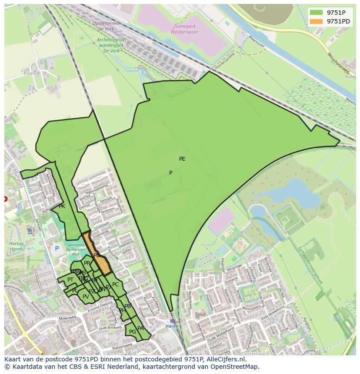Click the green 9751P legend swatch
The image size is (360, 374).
point(316,12)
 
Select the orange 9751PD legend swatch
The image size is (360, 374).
point(316,21)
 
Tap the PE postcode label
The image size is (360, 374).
point(182,159)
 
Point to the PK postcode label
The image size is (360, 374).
point(62,206)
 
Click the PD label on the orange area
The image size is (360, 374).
point(97,255)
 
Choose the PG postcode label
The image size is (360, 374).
point(133,332)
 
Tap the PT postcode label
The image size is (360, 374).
point(70,280)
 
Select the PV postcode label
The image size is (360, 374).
point(86,297)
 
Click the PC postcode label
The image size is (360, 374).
point(115,285)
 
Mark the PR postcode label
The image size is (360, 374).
point(87,263)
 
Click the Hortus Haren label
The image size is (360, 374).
point(16,247)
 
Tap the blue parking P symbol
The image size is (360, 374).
point(57,249)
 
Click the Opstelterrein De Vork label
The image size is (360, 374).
point(108,26)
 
